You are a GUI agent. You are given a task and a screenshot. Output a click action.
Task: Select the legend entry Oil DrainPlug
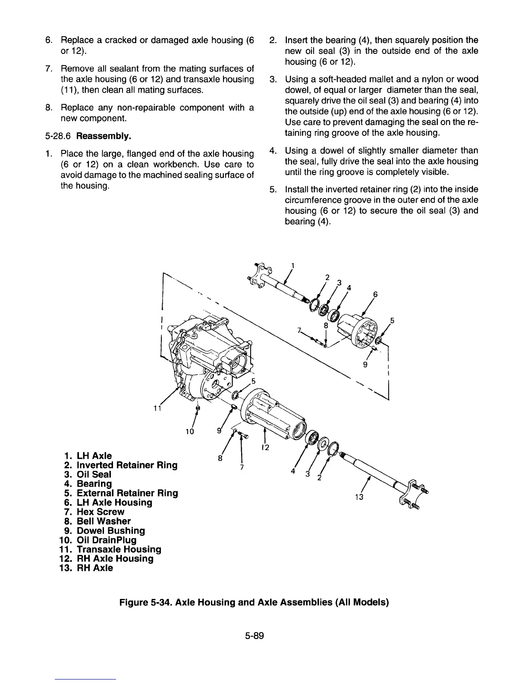coord(106,540)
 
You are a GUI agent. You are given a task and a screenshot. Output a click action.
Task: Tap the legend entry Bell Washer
coord(104,521)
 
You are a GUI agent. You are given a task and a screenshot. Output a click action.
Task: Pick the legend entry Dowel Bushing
coord(110,530)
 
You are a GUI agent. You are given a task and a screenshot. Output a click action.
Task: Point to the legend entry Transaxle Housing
coord(119,549)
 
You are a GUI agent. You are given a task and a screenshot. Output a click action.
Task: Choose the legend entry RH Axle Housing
coord(115,558)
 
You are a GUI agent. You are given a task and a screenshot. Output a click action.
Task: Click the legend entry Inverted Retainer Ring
coord(127,465)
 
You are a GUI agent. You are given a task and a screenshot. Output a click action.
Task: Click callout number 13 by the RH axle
coord(359,497)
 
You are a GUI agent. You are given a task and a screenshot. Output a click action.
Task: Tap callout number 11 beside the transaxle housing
coord(158,408)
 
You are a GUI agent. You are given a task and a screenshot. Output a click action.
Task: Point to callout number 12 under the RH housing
coord(265,448)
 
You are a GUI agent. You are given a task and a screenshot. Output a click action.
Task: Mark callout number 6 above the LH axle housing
coord(375,295)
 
